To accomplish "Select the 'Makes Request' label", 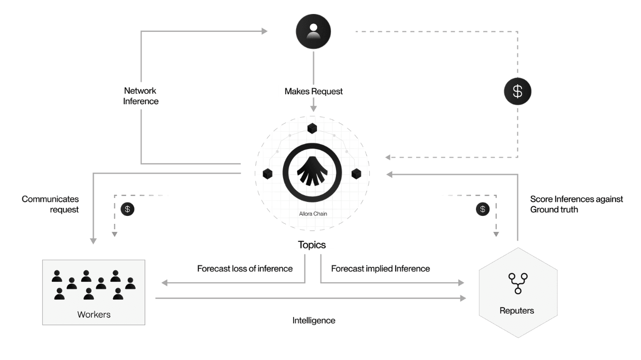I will coord(314,91).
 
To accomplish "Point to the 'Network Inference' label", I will coord(141,96).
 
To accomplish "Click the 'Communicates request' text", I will coord(50,204).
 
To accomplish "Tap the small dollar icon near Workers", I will coord(128,209).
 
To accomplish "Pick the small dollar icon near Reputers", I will coord(482,209).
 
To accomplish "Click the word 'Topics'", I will coord(312,245).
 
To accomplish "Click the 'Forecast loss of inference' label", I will coord(245,269).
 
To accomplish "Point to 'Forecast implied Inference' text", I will coord(380,269).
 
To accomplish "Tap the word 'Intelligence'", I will coord(314,321).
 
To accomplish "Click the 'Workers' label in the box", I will coord(94,315).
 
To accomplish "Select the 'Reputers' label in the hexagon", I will coord(517,311).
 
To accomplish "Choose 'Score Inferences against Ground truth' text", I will coord(576,204).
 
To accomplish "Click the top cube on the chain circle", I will coord(313,128).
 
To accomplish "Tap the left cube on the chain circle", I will coord(268,174).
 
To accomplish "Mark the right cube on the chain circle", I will coord(356,174).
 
